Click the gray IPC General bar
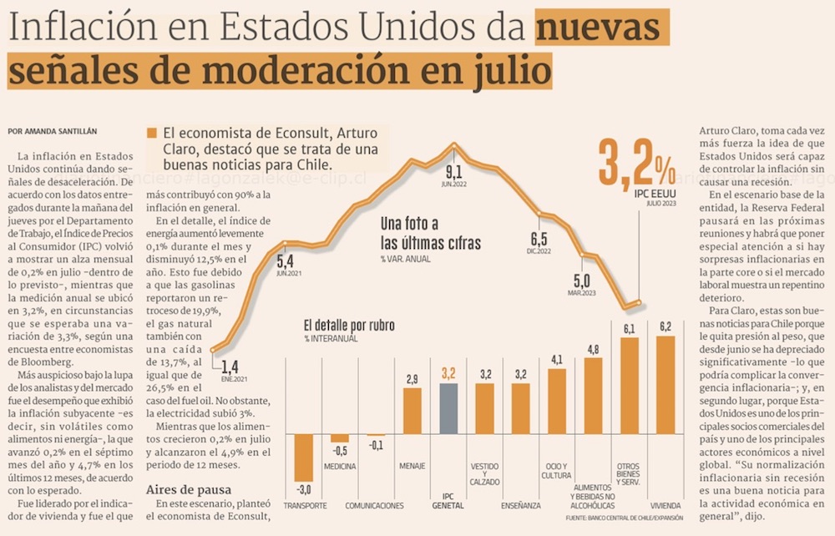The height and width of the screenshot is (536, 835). pyautogui.click(x=448, y=408)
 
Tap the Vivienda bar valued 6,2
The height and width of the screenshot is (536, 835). pyautogui.click(x=665, y=385)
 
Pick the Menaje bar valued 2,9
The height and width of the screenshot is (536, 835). pyautogui.click(x=412, y=411)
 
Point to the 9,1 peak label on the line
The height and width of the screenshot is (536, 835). pyautogui.click(x=454, y=173)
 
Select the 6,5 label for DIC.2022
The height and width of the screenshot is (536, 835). pyautogui.click(x=539, y=240)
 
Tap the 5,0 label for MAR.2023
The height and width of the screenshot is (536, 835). pyautogui.click(x=582, y=281)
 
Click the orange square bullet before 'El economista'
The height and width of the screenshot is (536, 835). pyautogui.click(x=151, y=134)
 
